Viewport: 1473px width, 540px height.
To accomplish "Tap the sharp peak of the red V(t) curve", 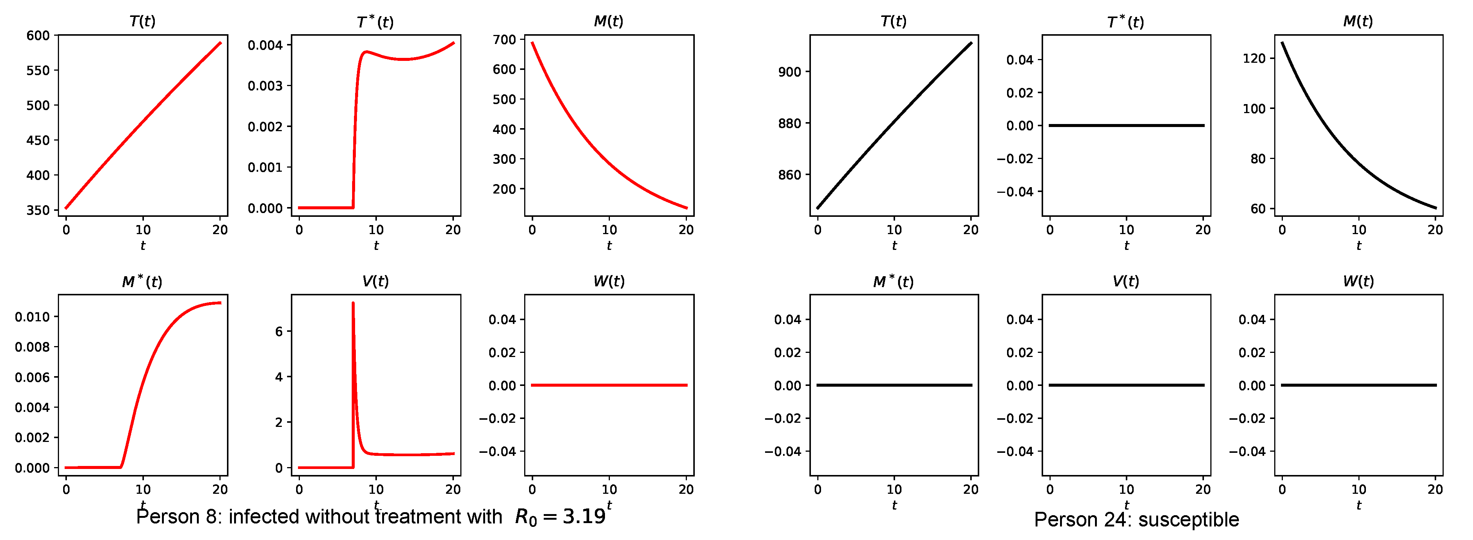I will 353,303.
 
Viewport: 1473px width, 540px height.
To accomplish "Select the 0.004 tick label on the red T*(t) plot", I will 265,45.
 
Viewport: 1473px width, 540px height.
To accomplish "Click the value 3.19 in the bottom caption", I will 584,517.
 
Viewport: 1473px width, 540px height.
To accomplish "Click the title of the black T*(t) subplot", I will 1125,22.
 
